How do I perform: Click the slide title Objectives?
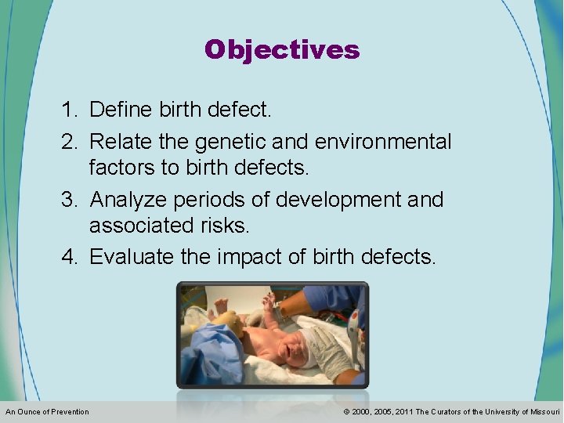coord(282,50)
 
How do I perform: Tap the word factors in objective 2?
coord(124,168)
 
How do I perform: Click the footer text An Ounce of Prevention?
coord(47,412)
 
